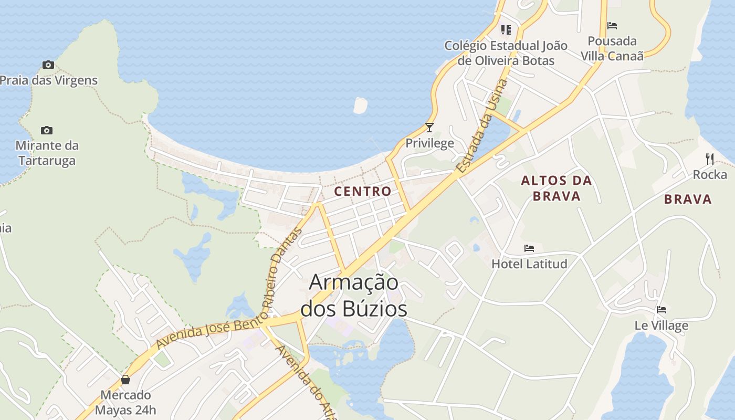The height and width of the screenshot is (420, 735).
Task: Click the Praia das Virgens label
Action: (x=49, y=80)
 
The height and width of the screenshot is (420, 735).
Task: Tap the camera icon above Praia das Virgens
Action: (x=48, y=65)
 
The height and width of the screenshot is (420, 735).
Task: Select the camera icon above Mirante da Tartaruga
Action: (x=47, y=130)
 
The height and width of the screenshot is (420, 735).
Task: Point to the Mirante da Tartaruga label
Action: (x=47, y=153)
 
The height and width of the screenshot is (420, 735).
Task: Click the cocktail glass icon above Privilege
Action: (x=429, y=128)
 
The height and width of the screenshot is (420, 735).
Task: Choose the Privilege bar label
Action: (x=429, y=143)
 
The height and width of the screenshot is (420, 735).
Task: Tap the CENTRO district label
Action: (x=363, y=191)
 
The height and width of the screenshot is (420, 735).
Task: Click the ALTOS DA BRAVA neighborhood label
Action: (x=556, y=188)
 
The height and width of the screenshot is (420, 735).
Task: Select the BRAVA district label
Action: (x=688, y=199)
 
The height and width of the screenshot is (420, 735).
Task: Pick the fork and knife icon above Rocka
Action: (x=710, y=159)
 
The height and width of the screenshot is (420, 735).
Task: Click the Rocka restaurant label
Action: (x=710, y=174)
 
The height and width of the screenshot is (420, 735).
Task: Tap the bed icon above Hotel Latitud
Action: (x=529, y=248)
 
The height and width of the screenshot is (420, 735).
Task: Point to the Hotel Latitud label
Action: (x=529, y=264)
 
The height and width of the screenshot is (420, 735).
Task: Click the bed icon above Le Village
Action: (x=661, y=310)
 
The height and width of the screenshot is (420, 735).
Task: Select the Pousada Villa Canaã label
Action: (x=612, y=48)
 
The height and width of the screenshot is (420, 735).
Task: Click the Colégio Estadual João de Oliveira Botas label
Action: (x=506, y=53)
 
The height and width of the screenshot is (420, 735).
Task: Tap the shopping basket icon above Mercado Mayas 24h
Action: (x=125, y=379)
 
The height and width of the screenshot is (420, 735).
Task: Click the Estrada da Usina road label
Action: (x=482, y=127)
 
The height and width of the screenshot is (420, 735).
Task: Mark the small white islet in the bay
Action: (x=360, y=106)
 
